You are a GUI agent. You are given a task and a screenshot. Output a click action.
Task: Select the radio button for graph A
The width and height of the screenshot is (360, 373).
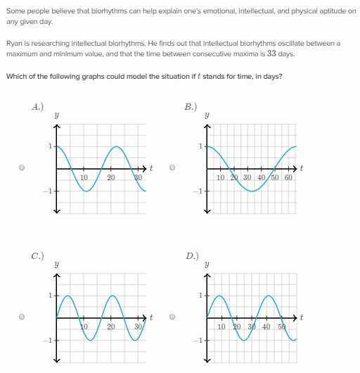pos(22,167)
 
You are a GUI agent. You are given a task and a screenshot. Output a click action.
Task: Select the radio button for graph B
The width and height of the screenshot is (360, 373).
pos(172,167)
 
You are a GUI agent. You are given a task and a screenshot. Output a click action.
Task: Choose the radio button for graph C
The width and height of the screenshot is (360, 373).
pos(22,316)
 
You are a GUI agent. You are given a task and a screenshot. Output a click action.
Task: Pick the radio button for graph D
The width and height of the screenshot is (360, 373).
pos(172,316)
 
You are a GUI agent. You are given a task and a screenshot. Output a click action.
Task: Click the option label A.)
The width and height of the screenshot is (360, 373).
pos(38,106)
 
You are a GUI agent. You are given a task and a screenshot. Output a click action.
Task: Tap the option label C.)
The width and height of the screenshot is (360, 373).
pos(38,255)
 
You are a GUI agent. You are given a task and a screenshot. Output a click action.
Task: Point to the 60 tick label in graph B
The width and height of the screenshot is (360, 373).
pos(288,177)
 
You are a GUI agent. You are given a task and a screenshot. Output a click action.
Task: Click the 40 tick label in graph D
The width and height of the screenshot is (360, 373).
pos(266,327)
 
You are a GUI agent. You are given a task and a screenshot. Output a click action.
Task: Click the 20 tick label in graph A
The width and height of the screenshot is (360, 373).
pos(111,177)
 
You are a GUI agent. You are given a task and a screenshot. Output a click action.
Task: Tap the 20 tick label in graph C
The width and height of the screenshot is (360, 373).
pos(111,327)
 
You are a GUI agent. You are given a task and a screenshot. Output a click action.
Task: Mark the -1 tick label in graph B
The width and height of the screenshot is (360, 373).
pos(198,191)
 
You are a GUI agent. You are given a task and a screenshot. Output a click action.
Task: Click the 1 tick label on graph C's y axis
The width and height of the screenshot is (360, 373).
pos(50,295)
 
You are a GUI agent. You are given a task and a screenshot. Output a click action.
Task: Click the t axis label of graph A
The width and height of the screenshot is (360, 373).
pos(151,168)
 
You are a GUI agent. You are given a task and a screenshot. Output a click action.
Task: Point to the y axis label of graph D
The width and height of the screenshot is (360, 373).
pos(207,265)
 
